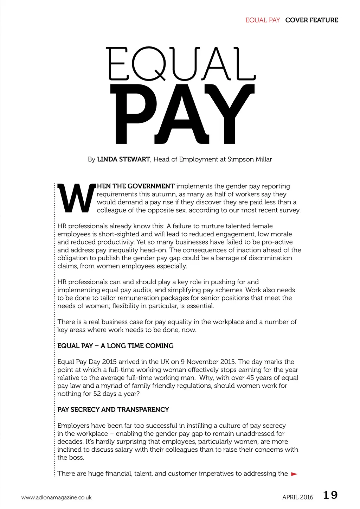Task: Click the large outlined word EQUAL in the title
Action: (181, 64)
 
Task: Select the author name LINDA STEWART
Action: (123, 159)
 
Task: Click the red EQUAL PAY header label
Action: (262, 20)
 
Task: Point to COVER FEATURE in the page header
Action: (311, 20)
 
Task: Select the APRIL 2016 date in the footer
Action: (297, 497)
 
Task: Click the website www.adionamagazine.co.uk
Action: (56, 497)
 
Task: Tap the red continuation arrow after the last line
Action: (294, 474)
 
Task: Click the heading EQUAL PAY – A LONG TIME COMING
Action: (115, 346)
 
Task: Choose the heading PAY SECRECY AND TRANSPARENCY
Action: (113, 409)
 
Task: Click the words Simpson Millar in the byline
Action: (250, 159)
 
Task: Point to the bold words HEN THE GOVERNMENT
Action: (136, 186)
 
